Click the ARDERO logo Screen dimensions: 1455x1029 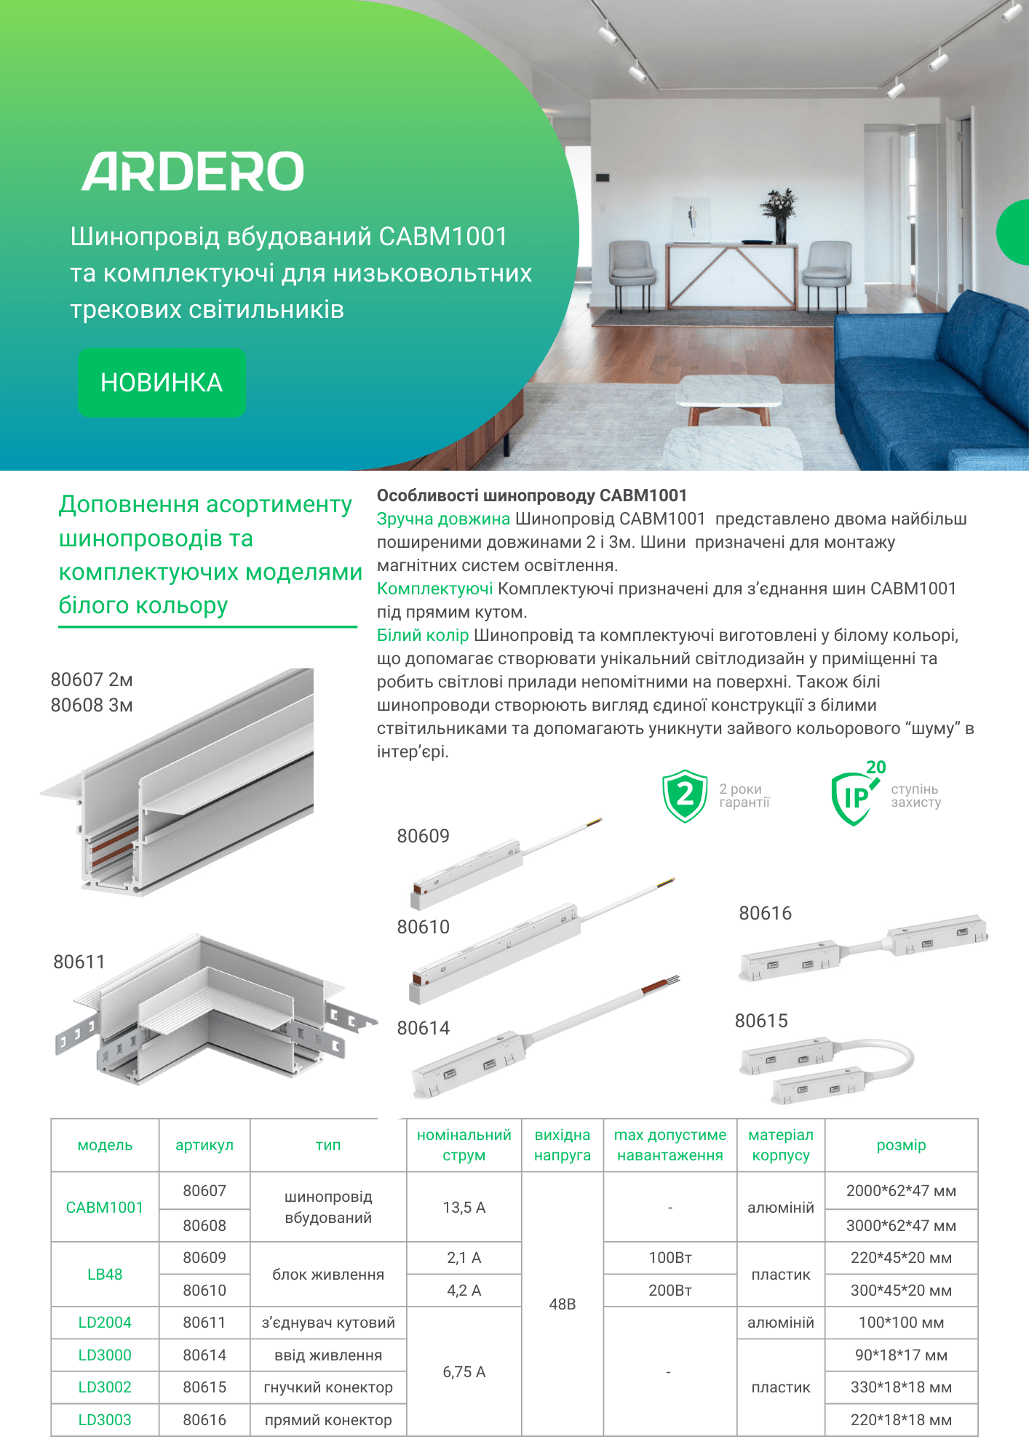point(193,172)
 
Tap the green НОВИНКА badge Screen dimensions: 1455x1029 point(162,383)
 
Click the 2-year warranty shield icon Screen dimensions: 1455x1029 point(684,796)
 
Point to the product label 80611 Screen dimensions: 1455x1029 point(79,962)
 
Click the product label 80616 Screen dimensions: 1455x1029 point(765,913)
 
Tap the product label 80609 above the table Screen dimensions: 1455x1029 point(423,836)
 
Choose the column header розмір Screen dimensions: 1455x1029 point(901,1145)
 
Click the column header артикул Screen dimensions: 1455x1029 point(204,1145)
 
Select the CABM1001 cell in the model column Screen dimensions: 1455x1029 point(105,1208)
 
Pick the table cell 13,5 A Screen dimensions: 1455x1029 point(464,1208)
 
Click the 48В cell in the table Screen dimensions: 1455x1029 point(562,1304)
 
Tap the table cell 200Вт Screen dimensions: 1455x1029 point(670,1291)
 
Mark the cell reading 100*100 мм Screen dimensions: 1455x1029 point(901,1323)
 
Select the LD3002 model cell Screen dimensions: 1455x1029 point(105,1387)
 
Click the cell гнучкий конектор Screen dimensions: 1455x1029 point(328,1387)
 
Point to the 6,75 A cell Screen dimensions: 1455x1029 point(464,1372)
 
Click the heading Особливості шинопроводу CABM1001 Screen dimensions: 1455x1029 point(532,495)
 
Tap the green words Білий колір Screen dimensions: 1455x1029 point(423,635)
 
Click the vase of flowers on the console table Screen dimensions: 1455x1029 point(779,215)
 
